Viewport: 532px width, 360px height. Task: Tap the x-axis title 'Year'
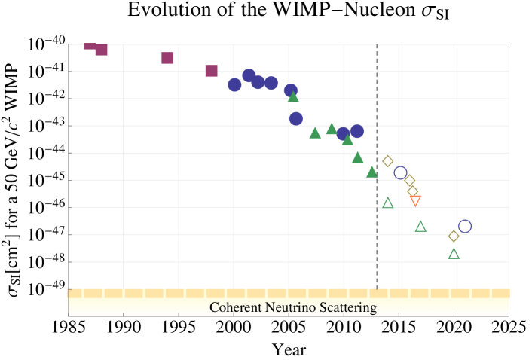[x=289, y=350]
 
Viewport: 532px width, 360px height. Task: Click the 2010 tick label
[x=344, y=328]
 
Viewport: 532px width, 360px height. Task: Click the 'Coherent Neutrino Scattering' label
[x=293, y=307]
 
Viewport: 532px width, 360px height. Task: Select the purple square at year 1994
[x=167, y=58]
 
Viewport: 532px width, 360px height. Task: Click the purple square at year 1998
[x=212, y=71]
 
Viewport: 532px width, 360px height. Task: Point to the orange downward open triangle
[x=415, y=200]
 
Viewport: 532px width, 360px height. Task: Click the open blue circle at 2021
[x=465, y=226]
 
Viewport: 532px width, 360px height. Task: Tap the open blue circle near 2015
[x=400, y=172]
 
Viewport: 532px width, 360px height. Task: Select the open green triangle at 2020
[x=454, y=254]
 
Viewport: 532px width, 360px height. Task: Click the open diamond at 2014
[x=388, y=160]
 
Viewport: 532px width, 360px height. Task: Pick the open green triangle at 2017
[x=420, y=227]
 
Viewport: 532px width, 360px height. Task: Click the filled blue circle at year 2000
[x=234, y=84]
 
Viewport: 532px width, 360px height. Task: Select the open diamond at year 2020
[x=454, y=236]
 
